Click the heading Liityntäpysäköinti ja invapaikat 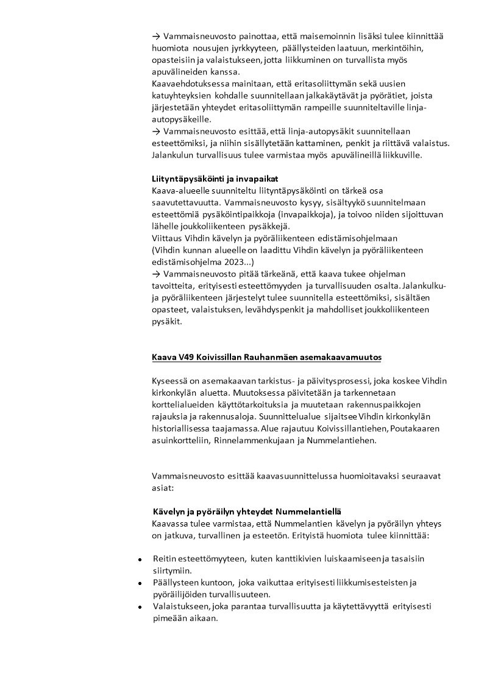click(215, 178)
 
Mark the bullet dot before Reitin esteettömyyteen click(140, 559)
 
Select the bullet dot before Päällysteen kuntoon click(140, 583)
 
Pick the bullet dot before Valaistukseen click(140, 607)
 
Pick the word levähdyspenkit click(274, 309)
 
